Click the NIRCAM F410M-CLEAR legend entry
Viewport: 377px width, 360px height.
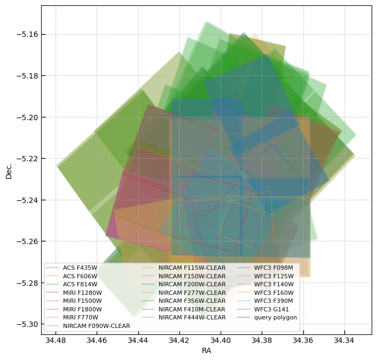pos(192,309)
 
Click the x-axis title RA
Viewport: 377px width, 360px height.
pos(206,351)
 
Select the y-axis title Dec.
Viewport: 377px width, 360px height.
pos(9,170)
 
